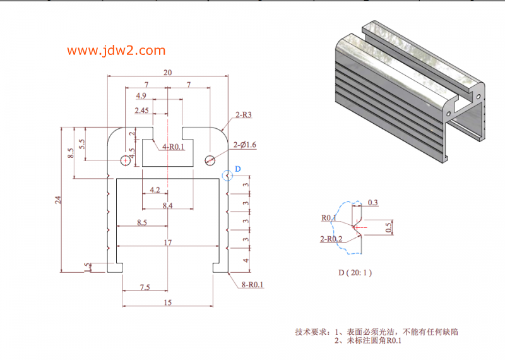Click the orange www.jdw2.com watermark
(x=116, y=51)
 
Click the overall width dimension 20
(x=167, y=73)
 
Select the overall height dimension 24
(x=58, y=200)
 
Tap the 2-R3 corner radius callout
(x=244, y=115)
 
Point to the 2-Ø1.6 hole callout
(x=245, y=145)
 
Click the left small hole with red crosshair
(x=125, y=160)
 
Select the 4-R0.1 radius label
(x=173, y=147)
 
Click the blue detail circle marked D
(x=227, y=176)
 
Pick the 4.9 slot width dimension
(x=141, y=96)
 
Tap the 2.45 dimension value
(x=141, y=111)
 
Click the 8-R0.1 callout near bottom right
(x=252, y=285)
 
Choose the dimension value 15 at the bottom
(x=168, y=303)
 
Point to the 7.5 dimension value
(x=145, y=287)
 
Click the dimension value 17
(x=168, y=243)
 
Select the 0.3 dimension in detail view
(x=372, y=202)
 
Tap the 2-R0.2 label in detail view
(x=331, y=239)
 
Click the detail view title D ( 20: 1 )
(x=355, y=273)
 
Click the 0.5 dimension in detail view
(x=389, y=227)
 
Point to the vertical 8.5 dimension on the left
(x=71, y=153)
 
